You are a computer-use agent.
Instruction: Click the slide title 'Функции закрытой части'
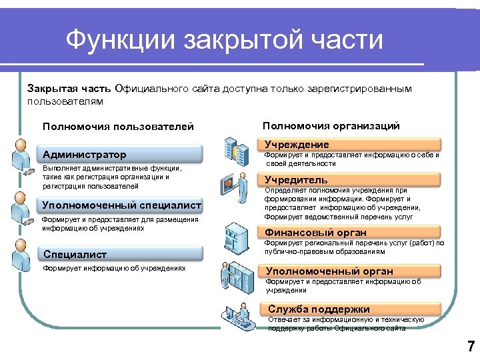[225, 40]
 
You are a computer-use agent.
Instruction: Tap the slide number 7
[471, 346]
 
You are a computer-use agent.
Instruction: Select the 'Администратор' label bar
[120, 155]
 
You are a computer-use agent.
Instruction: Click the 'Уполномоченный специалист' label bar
[120, 205]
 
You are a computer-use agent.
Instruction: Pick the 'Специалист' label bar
[120, 254]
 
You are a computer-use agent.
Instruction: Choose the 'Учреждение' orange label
[351, 145]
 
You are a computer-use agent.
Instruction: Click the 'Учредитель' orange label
[351, 180]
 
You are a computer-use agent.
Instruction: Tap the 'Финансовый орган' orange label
[351, 233]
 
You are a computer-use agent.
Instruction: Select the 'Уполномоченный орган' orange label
[351, 271]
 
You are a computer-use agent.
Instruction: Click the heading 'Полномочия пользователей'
[118, 127]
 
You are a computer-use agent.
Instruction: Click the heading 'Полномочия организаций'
[331, 125]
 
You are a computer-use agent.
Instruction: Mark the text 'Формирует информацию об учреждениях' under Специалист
[113, 269]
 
